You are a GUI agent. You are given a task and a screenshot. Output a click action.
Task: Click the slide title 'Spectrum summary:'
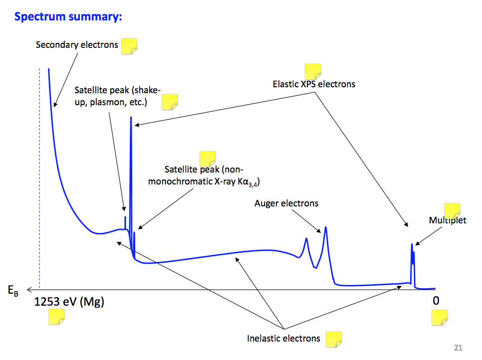68,16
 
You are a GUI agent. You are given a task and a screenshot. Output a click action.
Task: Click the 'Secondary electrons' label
77,45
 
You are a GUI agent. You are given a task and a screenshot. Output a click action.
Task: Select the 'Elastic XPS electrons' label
314,84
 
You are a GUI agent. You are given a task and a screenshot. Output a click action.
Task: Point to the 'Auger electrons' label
286,203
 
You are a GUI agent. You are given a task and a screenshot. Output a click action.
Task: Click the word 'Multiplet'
448,220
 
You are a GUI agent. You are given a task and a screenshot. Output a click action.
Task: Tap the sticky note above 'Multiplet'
452,210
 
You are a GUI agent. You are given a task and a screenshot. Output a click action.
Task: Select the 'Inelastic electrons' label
283,339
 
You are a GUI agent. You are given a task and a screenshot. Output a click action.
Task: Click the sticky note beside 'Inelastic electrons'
334,339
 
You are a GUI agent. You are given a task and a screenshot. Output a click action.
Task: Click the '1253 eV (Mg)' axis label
69,302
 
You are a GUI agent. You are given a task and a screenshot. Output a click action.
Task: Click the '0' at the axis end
436,301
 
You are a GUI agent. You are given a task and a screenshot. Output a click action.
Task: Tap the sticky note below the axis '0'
440,317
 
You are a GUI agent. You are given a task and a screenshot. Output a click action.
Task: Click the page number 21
459,348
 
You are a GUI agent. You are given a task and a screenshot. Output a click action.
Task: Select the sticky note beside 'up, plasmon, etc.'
170,102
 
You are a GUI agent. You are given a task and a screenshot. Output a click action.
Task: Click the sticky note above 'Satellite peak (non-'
208,159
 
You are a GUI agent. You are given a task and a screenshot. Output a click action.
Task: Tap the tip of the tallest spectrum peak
131,117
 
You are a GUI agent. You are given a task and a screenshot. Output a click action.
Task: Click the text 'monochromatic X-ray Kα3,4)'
205,182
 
